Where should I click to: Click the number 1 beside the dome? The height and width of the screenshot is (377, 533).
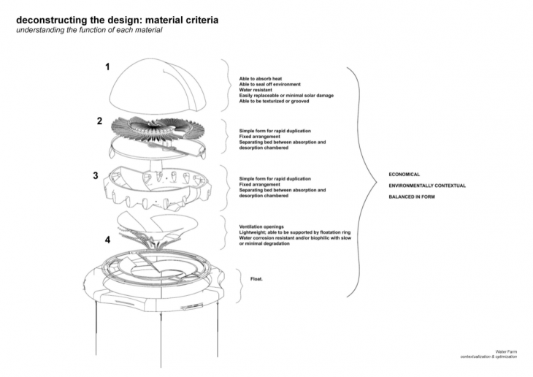click(108, 67)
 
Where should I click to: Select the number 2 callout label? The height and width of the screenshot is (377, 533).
click(99, 121)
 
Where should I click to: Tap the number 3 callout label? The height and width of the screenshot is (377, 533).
click(96, 175)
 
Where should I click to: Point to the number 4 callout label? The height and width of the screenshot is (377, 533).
click(107, 239)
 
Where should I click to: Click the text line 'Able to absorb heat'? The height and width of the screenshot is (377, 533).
click(259, 78)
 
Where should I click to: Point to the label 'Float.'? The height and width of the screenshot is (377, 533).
click(256, 278)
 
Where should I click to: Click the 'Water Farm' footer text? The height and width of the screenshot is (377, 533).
click(505, 351)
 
